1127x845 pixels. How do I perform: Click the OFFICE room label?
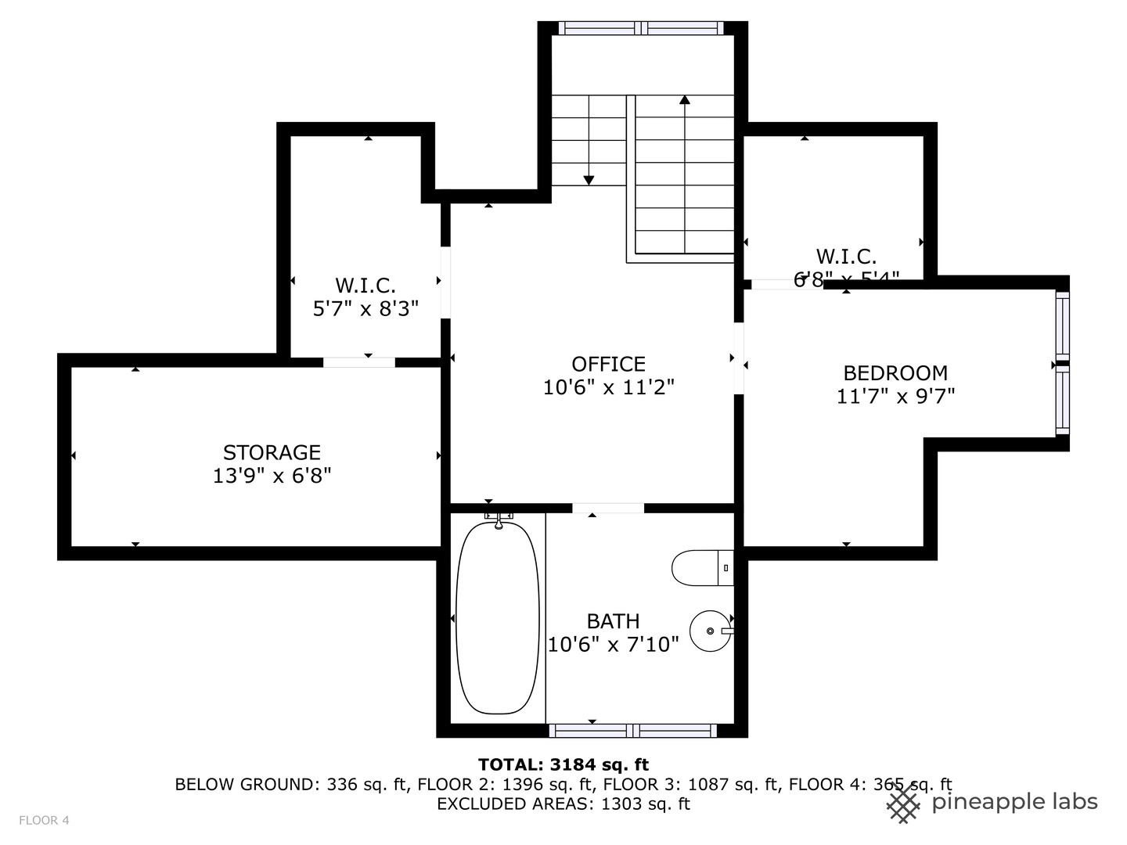coord(608,364)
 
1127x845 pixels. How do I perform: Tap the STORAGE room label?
coord(272,452)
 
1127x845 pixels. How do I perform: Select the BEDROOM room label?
coord(895,372)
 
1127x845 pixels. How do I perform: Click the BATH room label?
coord(613,621)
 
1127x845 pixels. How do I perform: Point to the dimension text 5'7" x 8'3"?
coord(365,308)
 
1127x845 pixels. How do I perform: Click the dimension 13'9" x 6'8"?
coord(272,475)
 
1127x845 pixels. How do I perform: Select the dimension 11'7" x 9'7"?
coord(895,396)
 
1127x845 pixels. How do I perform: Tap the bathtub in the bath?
coord(498,617)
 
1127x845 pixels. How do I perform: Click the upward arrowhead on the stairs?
coord(685,99)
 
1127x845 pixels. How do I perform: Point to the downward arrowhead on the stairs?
coord(589,181)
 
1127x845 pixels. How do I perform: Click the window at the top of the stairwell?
coord(642,28)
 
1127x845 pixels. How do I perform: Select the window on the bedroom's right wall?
coord(1062,363)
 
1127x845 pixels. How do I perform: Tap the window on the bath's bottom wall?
coord(632,731)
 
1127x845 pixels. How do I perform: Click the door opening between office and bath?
coord(608,509)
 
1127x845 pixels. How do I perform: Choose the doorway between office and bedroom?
coord(739,358)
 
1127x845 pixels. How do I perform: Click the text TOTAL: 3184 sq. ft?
coord(563,764)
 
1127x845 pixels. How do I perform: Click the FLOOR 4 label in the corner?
coord(45,820)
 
